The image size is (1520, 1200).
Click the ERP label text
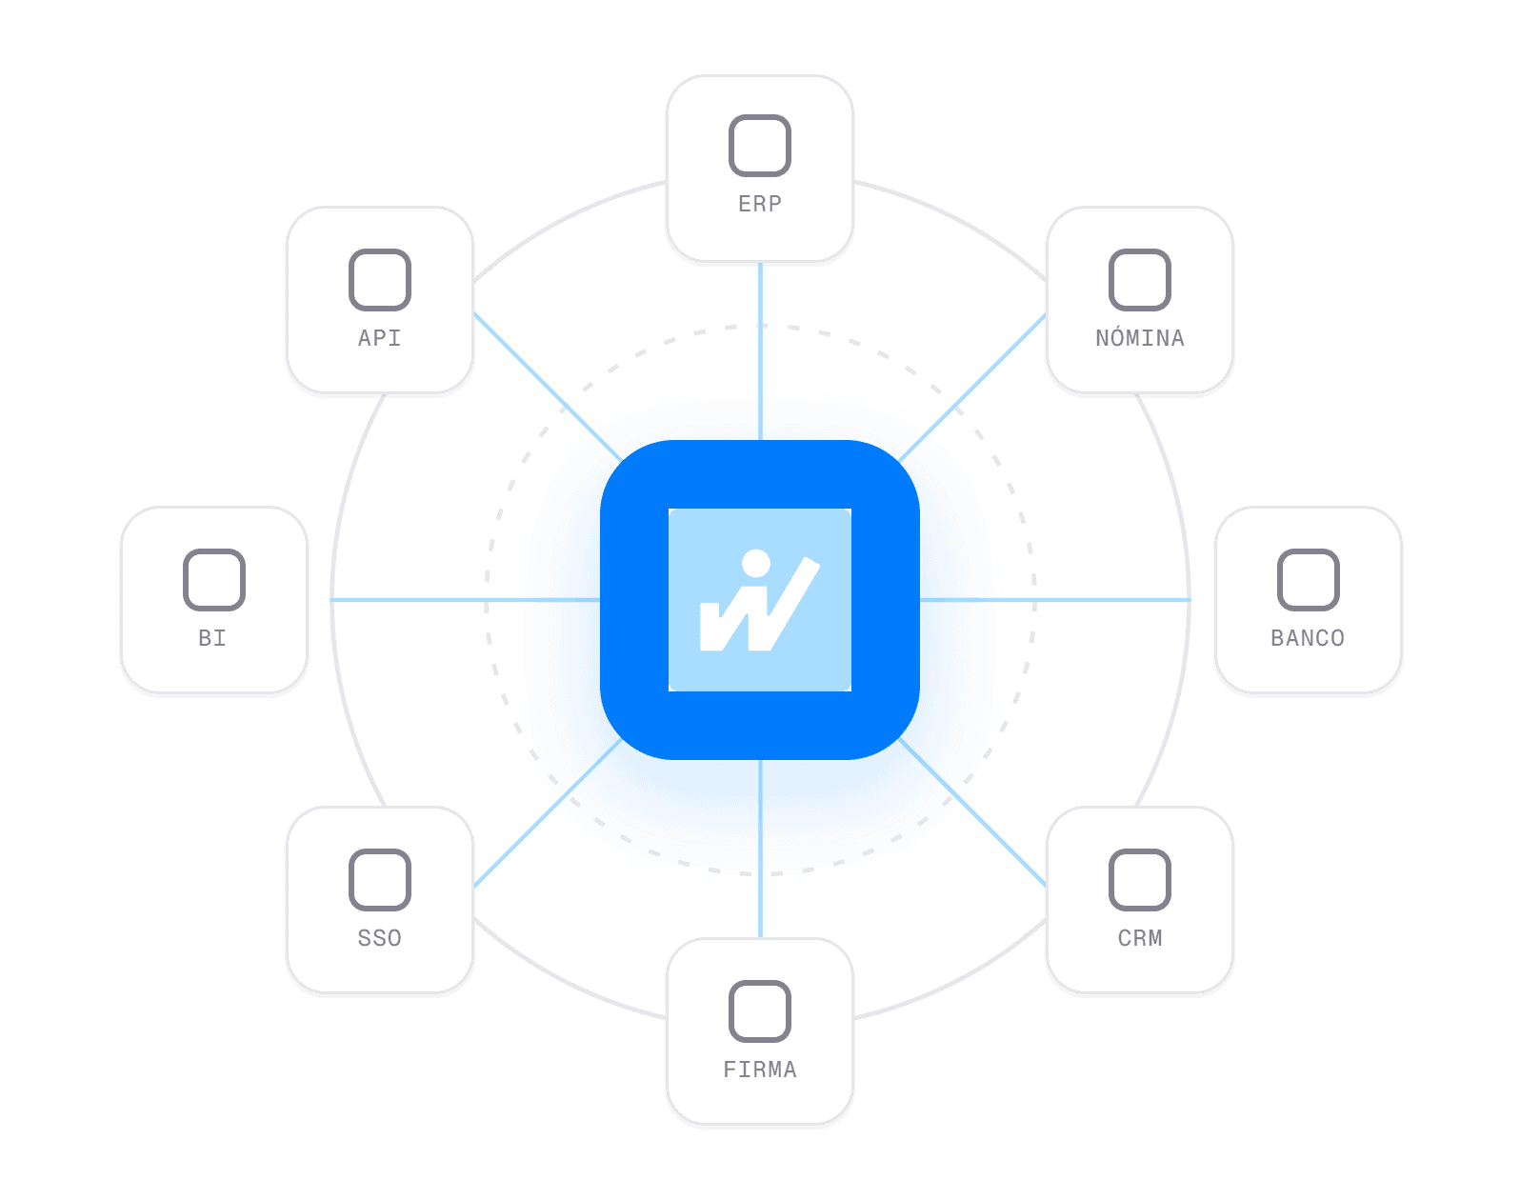pos(759,204)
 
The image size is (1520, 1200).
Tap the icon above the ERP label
pos(759,146)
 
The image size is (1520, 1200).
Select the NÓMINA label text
pos(1139,337)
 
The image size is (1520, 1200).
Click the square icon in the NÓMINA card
pos(1139,280)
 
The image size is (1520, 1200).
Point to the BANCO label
pos(1308,638)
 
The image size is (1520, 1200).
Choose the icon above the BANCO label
pos(1309,579)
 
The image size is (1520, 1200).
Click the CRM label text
pos(1139,938)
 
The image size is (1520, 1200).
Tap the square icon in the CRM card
pos(1139,879)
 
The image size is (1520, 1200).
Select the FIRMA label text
pos(759,1070)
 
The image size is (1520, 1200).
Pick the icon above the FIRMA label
pos(759,1010)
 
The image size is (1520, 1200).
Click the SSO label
pos(379,938)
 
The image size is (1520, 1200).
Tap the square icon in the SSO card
pos(379,879)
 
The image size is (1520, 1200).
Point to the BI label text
pos(211,638)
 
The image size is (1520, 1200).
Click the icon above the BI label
pos(214,579)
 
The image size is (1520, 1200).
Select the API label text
pos(379,337)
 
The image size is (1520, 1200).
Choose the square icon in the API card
pos(379,280)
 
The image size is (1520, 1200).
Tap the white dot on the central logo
pos(756,563)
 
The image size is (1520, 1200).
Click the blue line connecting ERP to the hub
pos(760,351)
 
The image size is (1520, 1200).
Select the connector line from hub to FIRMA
pos(760,849)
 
